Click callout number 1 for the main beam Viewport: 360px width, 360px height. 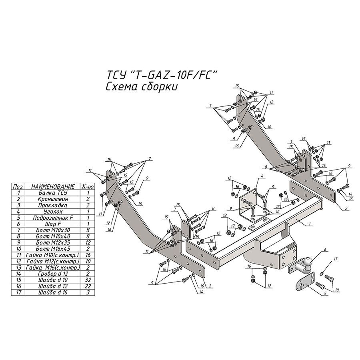(310, 223)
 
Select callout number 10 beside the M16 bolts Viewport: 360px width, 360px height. (337, 290)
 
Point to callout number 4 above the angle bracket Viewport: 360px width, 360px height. (262, 176)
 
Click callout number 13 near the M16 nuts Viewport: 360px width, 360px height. (225, 215)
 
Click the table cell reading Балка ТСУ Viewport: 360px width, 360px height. (53, 193)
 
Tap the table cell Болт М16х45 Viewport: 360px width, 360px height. (53, 249)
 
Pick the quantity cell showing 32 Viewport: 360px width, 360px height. (88, 280)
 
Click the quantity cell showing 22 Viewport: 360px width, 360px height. (88, 286)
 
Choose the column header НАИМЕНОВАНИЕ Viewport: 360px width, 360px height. (53, 186)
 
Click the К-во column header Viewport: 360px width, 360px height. (88, 186)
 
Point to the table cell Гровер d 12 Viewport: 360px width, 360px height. (53, 274)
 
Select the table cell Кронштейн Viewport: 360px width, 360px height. (53, 199)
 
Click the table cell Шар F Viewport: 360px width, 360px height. (53, 224)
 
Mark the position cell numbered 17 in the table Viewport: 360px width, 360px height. (18, 292)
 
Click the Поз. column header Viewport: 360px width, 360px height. (18, 186)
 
